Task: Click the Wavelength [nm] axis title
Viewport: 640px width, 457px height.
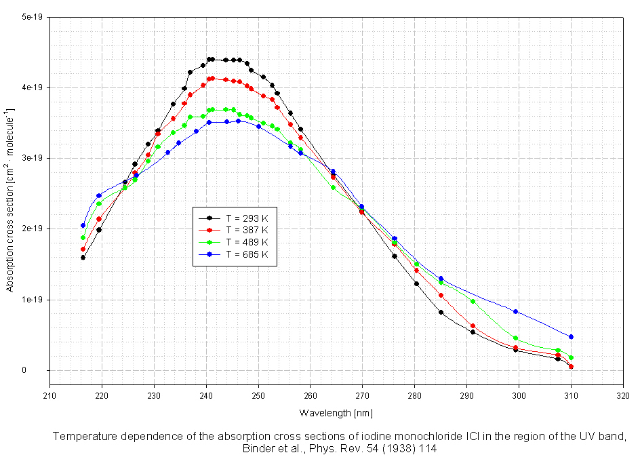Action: coord(336,412)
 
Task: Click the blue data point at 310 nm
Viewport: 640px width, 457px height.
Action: coord(571,337)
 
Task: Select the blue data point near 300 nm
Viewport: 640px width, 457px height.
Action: coord(516,312)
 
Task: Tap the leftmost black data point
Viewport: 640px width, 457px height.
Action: coord(83,258)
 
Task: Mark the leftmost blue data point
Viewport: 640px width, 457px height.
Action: coord(83,226)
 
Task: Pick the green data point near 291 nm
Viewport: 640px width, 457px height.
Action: coord(473,301)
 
